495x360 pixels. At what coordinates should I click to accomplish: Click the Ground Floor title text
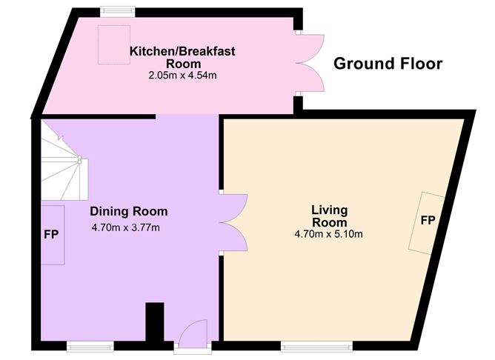click(388, 64)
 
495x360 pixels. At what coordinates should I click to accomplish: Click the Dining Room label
click(128, 211)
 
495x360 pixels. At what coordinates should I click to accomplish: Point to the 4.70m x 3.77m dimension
click(126, 227)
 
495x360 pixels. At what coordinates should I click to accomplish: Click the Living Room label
click(329, 216)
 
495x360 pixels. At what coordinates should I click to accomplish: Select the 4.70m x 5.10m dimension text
click(329, 235)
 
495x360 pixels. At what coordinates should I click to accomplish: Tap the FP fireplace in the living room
click(428, 221)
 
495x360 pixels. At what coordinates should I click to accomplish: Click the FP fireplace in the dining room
click(51, 235)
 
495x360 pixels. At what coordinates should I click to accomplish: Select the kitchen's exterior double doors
click(310, 64)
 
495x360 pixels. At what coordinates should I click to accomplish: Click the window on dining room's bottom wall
click(90, 344)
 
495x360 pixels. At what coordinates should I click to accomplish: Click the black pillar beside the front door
click(154, 321)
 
